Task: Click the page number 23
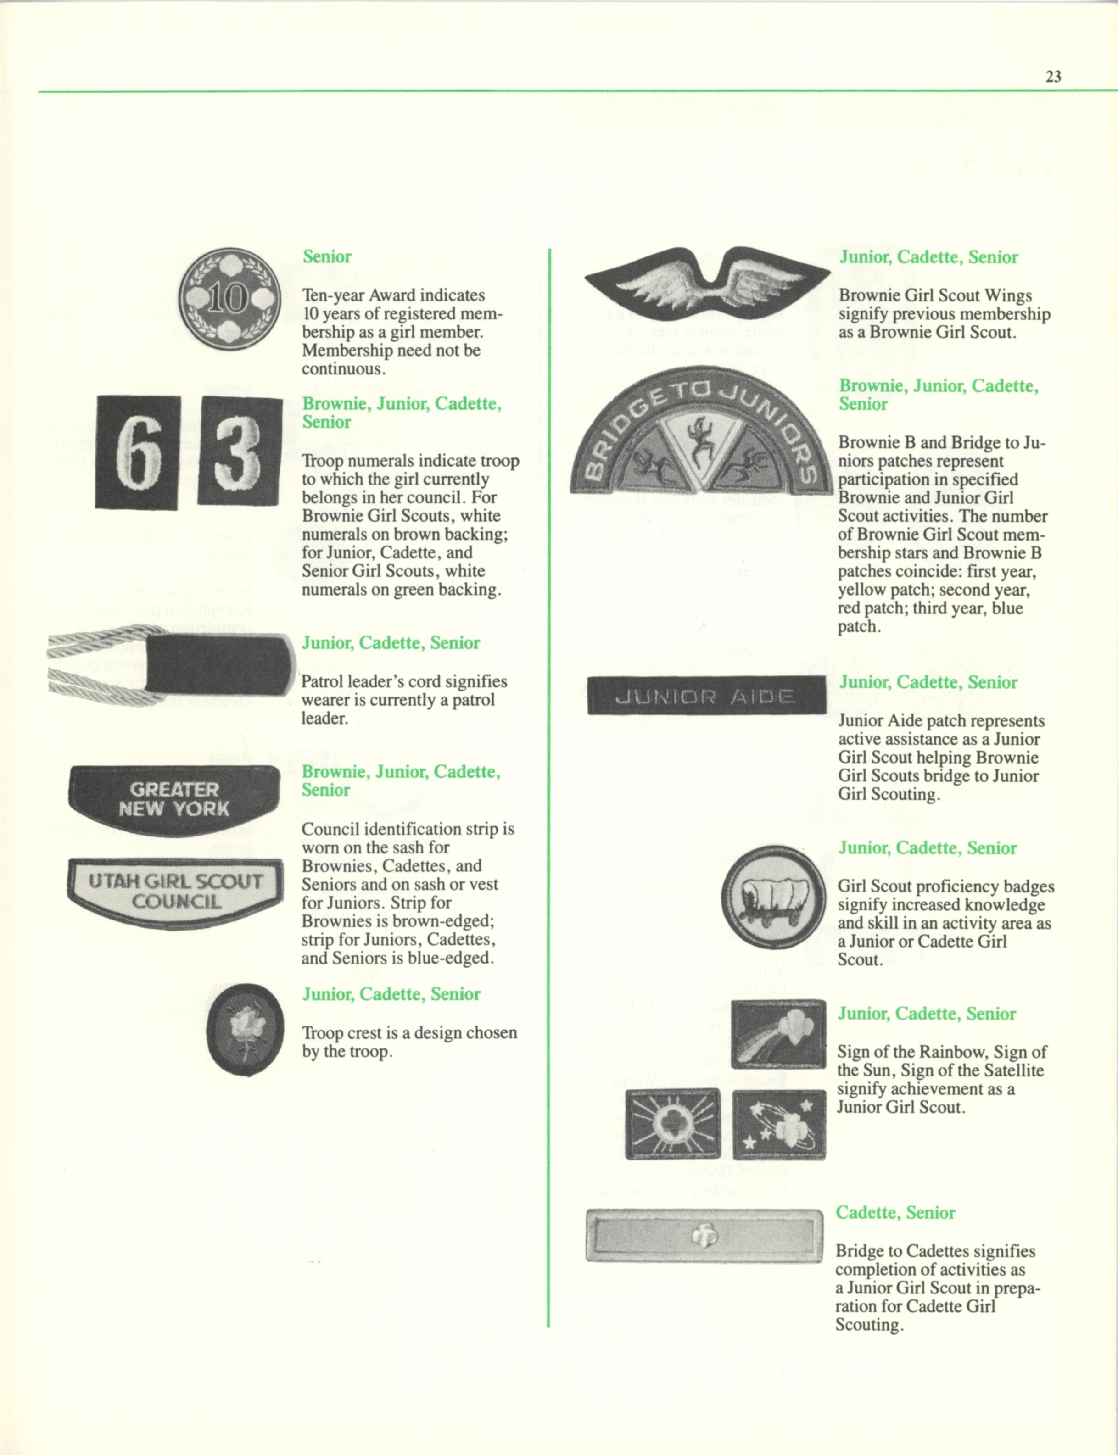1053,77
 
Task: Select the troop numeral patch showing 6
138,452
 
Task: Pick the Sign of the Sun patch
672,1124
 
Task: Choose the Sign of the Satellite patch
778,1124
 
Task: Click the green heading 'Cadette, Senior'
894,1213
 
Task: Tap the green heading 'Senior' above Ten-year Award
327,257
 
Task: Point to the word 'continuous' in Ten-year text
341,368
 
